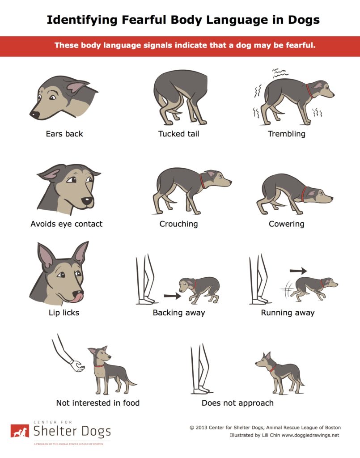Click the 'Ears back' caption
(x=64, y=134)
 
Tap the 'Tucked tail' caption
(x=179, y=134)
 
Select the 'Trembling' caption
(x=286, y=134)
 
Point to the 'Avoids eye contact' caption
(x=67, y=224)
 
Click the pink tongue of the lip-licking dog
(x=77, y=297)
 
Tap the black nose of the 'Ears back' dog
(x=34, y=114)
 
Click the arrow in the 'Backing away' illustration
(x=172, y=296)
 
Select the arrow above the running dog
(x=298, y=271)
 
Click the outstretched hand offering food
(x=78, y=366)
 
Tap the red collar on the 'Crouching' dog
(x=203, y=182)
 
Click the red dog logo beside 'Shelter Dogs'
(x=20, y=431)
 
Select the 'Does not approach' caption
(x=237, y=403)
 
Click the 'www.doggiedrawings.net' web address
(x=310, y=435)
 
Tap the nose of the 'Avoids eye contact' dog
(x=87, y=201)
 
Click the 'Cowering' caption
(x=286, y=224)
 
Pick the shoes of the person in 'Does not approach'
(x=201, y=390)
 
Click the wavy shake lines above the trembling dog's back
(x=280, y=73)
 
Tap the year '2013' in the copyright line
(x=201, y=428)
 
